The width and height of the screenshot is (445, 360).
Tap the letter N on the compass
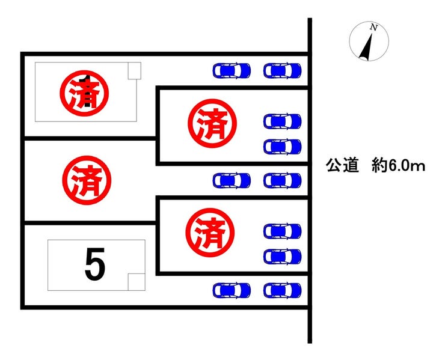tap(374, 28)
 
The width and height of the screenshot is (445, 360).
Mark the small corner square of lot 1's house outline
tap(133, 70)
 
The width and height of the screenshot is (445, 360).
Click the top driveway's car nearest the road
tap(282, 70)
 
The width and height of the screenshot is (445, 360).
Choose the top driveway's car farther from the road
tap(232, 70)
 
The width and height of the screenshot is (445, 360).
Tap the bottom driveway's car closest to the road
tap(282, 290)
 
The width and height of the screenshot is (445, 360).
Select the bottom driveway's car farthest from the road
tap(232, 290)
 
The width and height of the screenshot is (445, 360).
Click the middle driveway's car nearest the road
tap(282, 180)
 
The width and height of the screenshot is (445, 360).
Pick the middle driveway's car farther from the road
tap(232, 180)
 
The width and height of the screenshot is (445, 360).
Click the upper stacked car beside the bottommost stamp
tap(282, 231)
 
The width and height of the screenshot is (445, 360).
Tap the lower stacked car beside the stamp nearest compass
tap(282, 146)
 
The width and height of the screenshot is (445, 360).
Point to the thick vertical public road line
tap(310, 180)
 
